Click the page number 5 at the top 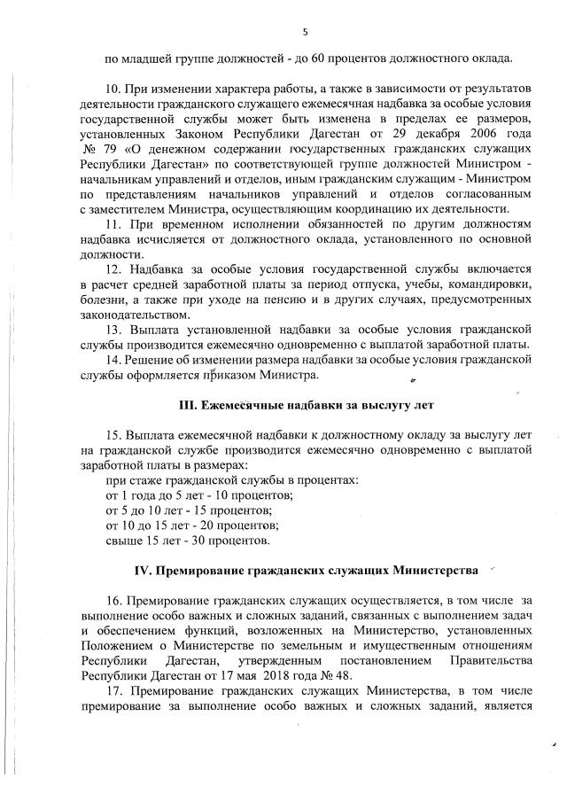point(305,33)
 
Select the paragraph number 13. point(114,330)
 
